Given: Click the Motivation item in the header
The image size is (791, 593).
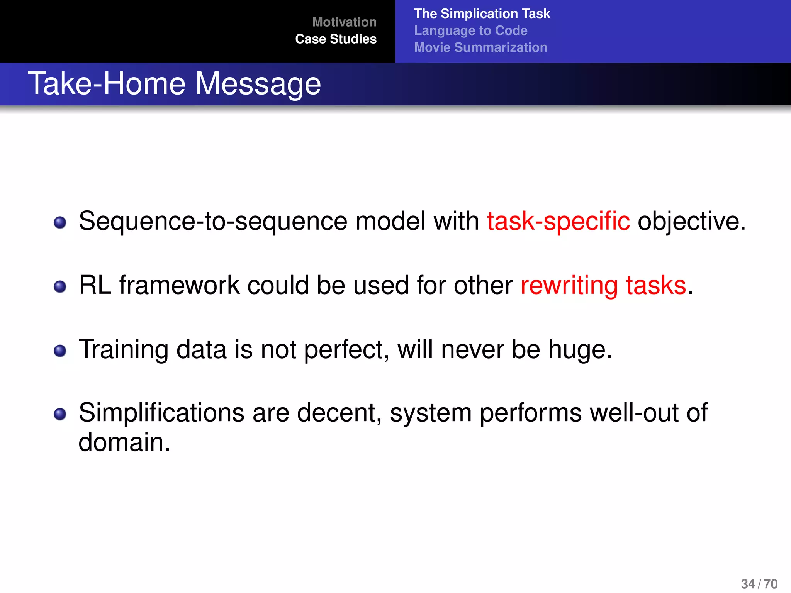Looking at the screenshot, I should point(344,22).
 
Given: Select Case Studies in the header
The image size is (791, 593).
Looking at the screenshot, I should point(336,39).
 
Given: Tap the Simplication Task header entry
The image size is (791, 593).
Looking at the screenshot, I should point(482,14).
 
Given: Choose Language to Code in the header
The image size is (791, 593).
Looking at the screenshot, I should point(470,30).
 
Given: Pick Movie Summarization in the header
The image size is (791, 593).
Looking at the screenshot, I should point(480,47).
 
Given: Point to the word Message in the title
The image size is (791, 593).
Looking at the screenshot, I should point(258,84).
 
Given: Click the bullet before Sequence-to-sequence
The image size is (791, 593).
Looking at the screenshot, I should point(60,223).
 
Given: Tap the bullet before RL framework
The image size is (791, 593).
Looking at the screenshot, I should point(60,287).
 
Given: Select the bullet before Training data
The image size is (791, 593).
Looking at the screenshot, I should point(60,351).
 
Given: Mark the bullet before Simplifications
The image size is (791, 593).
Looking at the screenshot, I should point(60,414).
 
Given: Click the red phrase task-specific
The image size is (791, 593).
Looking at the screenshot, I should point(558,222).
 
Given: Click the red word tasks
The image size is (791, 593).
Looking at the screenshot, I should point(656,286).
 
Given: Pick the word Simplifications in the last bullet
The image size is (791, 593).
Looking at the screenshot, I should point(161,413).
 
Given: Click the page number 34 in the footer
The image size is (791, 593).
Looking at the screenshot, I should point(748,584).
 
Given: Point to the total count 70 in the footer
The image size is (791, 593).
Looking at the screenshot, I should point(771,584).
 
